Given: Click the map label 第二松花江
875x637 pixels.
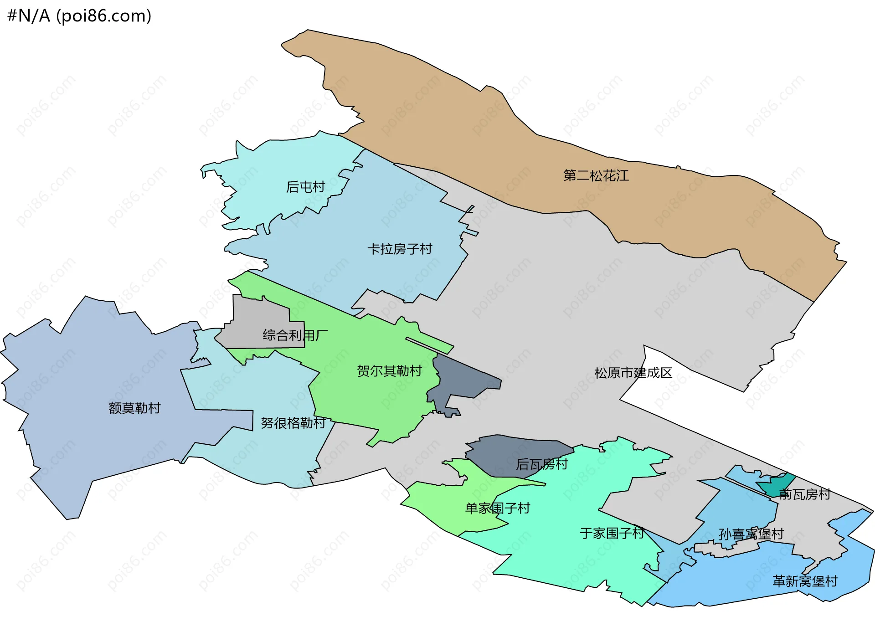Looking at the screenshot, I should point(596,176).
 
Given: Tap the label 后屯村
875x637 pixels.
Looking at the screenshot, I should point(305,187).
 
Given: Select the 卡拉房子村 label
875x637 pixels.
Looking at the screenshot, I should point(400,249).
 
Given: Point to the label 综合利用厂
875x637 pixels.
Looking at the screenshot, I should point(295,336).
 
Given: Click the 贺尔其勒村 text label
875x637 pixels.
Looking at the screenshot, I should point(389,371).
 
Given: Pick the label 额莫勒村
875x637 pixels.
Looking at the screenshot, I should point(134,408).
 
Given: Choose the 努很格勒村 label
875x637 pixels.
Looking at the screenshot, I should point(293,423).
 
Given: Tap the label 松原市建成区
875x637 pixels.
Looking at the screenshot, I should point(633,373).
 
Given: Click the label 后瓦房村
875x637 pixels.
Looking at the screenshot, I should point(542,464).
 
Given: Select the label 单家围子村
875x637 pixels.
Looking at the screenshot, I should point(497,508).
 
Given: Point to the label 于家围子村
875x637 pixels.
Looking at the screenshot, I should point(612,533).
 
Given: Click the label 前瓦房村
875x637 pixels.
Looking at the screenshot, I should point(805,494).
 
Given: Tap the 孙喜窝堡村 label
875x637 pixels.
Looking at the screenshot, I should point(751,534).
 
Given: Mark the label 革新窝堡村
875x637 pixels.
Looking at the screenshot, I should point(805,581).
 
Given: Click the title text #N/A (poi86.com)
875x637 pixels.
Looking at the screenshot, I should point(79,16).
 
